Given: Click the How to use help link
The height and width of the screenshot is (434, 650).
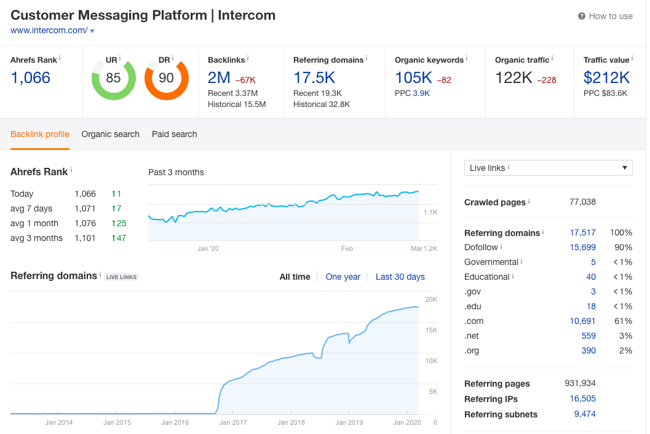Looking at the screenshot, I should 605,16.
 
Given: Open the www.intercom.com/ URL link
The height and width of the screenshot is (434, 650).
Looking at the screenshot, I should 49,31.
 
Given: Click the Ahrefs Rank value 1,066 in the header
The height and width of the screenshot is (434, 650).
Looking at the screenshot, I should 31,77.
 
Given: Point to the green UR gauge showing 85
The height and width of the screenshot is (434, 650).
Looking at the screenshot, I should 113,78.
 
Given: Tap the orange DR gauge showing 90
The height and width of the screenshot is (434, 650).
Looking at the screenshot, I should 166,78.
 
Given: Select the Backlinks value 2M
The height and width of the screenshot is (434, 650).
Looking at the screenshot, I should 219,77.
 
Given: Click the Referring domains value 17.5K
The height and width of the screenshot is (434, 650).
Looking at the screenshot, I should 314,77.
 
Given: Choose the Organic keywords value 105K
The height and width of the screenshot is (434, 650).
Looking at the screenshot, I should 413,77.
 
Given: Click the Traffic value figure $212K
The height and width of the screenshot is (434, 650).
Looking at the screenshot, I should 606,77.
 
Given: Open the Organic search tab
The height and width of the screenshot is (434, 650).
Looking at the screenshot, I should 110,134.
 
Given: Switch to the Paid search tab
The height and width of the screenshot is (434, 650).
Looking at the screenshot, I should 175,134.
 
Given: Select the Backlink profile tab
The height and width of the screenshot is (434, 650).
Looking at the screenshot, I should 40,134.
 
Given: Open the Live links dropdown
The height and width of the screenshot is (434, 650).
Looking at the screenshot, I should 548,168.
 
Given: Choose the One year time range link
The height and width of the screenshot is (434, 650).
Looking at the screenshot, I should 343,277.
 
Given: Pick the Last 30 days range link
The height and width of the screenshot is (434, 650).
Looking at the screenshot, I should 400,277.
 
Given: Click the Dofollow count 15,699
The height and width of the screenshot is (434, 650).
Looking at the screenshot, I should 582,247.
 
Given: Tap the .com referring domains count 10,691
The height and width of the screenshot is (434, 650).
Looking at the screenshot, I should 582,321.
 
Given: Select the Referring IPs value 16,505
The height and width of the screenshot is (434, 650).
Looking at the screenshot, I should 582,398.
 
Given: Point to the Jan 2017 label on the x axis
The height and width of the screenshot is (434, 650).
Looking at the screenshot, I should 233,422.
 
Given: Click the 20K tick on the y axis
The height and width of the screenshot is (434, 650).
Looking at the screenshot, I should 431,299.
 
